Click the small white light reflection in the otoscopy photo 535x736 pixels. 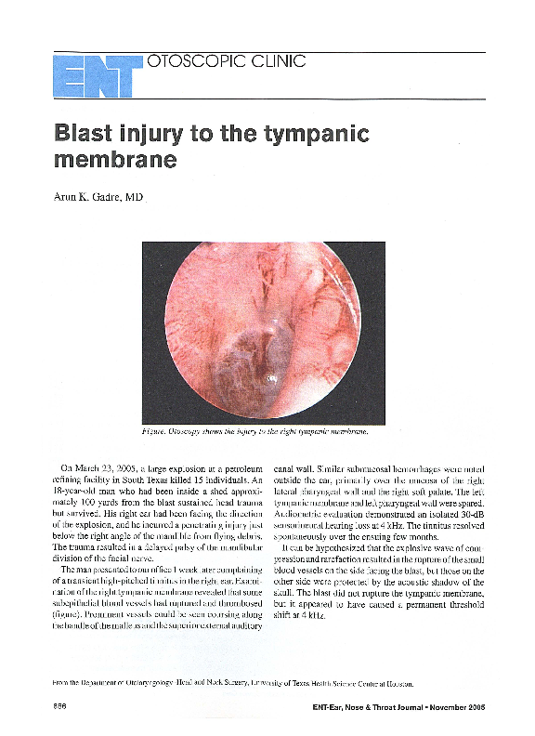point(271,377)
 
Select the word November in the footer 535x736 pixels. point(441,708)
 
